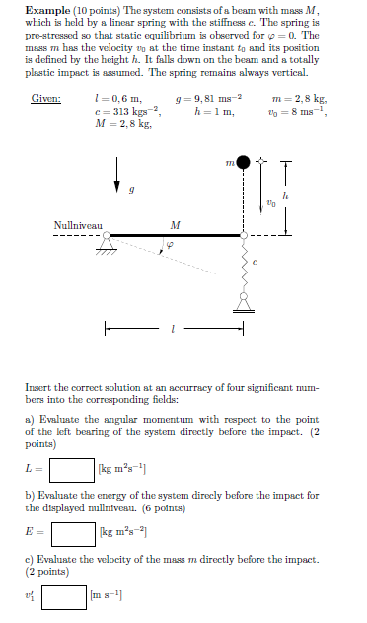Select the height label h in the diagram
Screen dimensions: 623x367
(285, 196)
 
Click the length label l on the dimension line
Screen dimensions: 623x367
(175, 330)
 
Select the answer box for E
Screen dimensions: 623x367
(72, 534)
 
